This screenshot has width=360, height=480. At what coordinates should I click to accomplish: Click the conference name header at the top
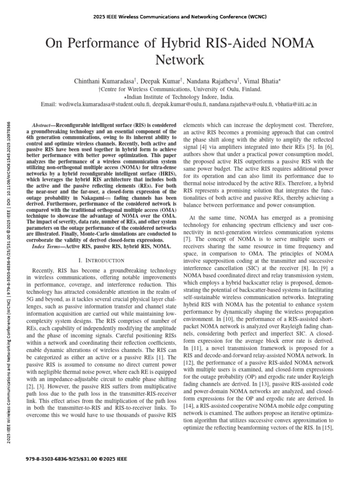pyautogui.click(x=180, y=17)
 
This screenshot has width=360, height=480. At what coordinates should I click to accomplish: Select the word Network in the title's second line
pyautogui.click(x=180, y=60)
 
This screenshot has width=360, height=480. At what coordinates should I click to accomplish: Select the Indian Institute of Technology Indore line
pyautogui.click(x=180, y=97)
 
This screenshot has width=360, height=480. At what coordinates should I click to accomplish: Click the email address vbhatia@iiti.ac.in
pyautogui.click(x=295, y=104)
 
